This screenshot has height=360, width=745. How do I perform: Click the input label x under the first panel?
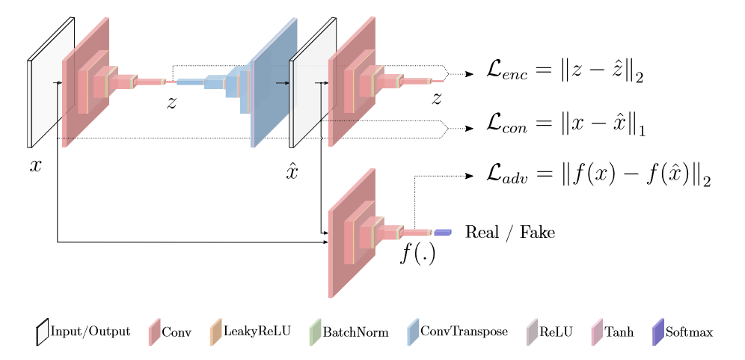[36, 166]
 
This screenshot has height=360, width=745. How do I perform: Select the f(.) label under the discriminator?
[417, 253]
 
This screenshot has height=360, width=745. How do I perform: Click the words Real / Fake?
[510, 232]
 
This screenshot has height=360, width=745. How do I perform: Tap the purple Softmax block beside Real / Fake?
[443, 232]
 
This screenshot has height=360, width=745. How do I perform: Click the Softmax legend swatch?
[658, 332]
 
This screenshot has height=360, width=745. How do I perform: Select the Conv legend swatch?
[154, 332]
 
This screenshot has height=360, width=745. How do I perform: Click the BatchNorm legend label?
[355, 332]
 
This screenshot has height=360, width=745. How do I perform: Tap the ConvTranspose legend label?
[465, 332]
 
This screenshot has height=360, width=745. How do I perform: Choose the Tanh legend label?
[619, 332]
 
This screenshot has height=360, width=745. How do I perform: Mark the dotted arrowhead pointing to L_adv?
[470, 176]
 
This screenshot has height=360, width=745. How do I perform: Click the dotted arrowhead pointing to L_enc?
[470, 73]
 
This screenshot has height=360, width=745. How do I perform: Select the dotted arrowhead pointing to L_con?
[470, 129]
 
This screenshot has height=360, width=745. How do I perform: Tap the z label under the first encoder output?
[171, 103]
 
